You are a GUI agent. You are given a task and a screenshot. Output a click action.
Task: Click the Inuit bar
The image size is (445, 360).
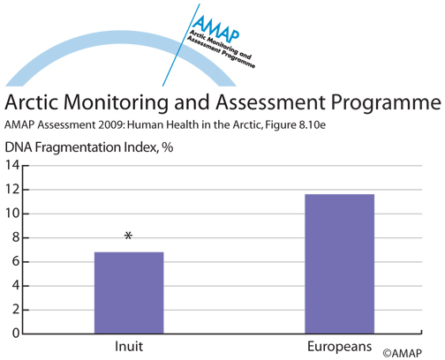point(129,293)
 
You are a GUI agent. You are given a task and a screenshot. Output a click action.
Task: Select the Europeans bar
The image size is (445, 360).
point(340,264)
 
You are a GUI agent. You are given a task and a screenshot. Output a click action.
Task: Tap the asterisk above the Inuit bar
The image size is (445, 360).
point(128,236)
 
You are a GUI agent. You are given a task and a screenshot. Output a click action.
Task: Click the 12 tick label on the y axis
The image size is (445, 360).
point(12,190)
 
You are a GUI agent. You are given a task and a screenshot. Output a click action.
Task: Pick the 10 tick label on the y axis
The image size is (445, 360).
point(12,214)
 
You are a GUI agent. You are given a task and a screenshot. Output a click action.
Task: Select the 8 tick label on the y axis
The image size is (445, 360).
point(16,237)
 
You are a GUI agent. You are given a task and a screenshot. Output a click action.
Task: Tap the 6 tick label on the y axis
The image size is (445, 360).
point(16,262)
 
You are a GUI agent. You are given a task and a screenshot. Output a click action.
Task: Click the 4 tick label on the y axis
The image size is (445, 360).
point(16,286)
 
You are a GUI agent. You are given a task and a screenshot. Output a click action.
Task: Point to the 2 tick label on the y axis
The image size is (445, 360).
point(16,310)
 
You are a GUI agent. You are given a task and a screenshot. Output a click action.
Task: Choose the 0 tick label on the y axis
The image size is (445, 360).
point(16,334)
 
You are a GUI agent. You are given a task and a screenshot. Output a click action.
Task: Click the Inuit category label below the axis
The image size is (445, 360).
point(129,347)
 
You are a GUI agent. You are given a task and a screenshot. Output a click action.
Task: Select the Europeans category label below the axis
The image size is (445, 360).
point(340,347)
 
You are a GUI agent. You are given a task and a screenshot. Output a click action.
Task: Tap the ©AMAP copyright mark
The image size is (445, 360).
point(403,353)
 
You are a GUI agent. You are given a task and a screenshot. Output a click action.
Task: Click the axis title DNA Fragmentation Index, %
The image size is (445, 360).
point(89,147)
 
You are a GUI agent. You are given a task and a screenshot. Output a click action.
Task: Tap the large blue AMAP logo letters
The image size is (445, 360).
point(216,28)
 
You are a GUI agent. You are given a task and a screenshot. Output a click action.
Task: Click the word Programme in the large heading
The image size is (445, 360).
point(386,103)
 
